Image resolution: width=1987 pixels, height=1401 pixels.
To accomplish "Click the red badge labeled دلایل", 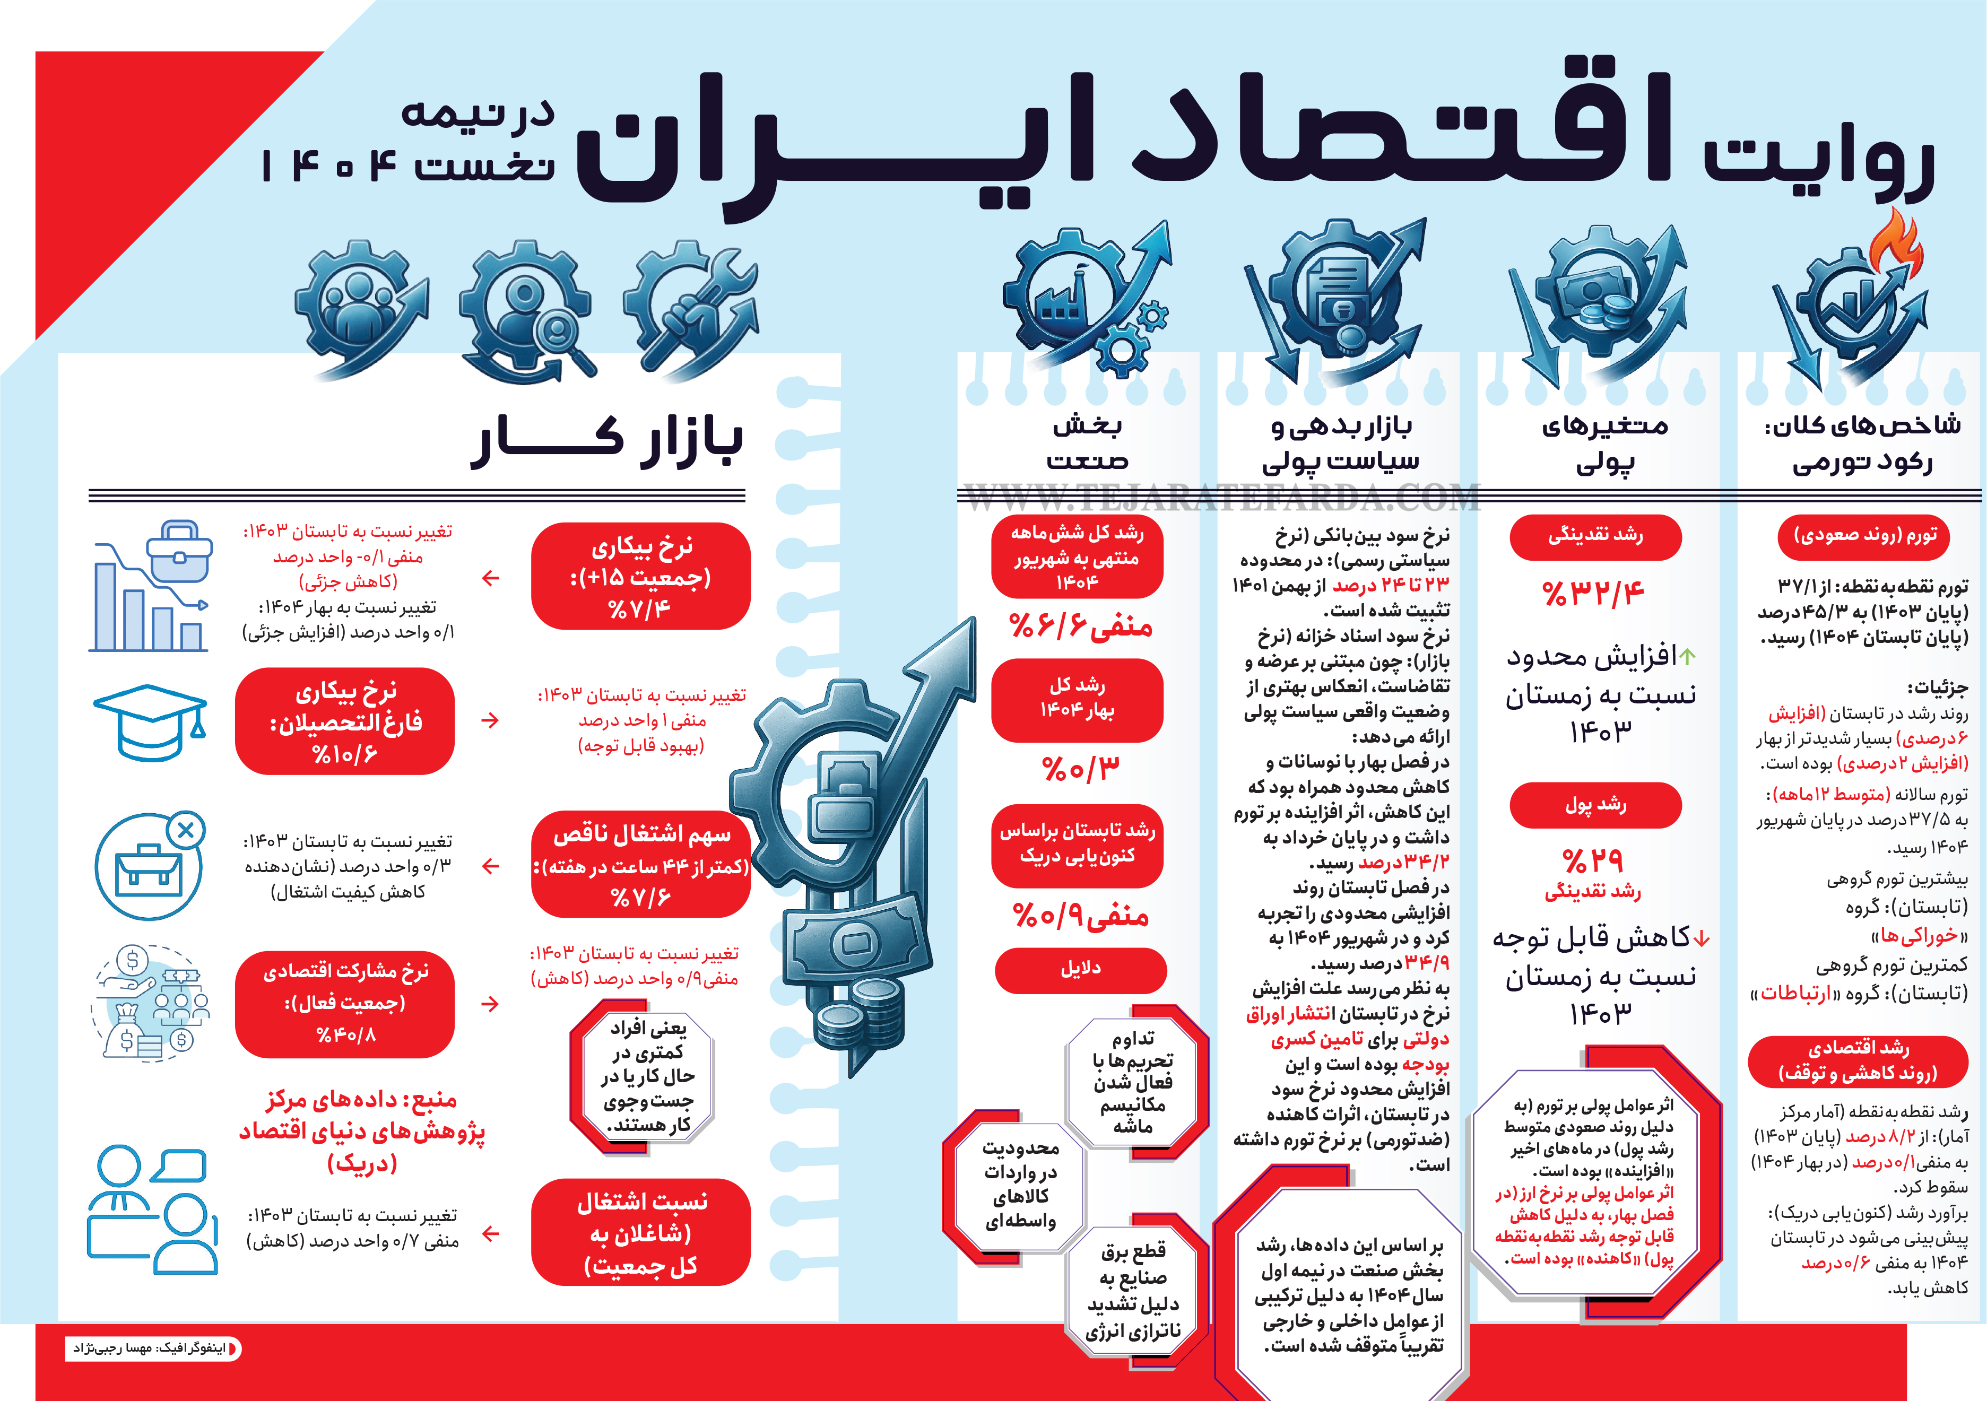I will coord(1080,969).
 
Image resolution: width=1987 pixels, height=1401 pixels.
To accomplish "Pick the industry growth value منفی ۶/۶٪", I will coord(1080,625).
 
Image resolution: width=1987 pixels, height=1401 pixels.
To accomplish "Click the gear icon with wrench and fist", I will coord(692,307).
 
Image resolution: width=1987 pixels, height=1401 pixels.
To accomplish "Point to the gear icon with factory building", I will coord(1073,294).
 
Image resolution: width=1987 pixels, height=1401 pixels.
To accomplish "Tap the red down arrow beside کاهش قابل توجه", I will coord(1702,938).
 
